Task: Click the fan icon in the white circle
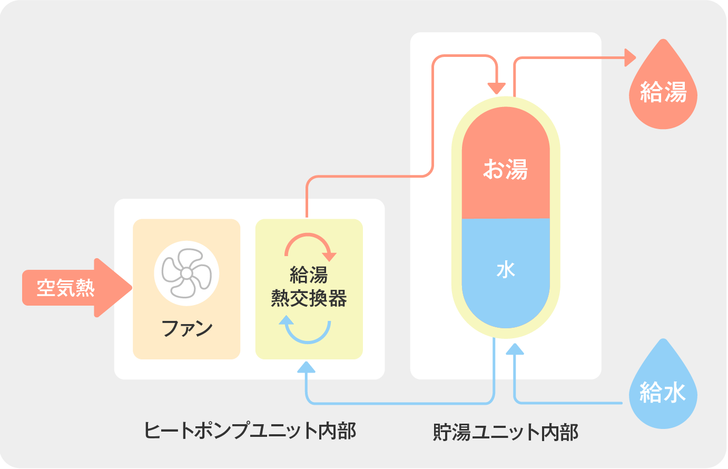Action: (186, 273)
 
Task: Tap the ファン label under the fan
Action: (187, 328)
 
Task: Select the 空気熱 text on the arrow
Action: (66, 288)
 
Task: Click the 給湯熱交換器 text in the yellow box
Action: (309, 287)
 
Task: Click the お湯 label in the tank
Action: (506, 170)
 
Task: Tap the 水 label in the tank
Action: (506, 270)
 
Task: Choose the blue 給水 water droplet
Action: (663, 390)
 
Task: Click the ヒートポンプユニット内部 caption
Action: (250, 431)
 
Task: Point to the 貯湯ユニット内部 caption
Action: (506, 432)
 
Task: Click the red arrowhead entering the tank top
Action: (496, 88)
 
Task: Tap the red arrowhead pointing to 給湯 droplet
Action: (629, 57)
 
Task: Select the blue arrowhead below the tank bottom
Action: (515, 349)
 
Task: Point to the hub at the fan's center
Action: (186, 273)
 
